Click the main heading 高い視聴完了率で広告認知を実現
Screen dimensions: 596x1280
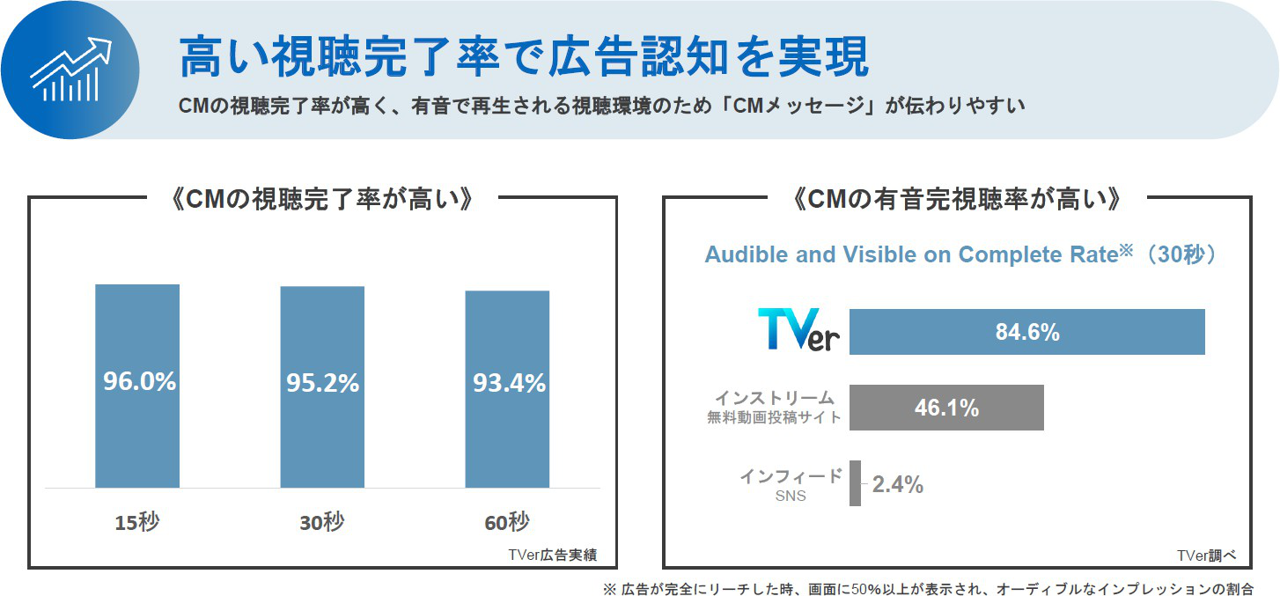(x=523, y=57)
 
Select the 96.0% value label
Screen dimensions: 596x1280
(x=139, y=382)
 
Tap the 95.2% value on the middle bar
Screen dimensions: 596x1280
(x=322, y=384)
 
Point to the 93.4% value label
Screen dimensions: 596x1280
(x=509, y=384)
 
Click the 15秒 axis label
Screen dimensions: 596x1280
(x=137, y=522)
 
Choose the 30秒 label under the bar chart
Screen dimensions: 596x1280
(x=322, y=522)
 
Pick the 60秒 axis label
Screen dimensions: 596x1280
(x=507, y=522)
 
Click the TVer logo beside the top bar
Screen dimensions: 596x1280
(x=798, y=331)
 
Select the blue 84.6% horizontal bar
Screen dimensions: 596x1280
(x=1026, y=332)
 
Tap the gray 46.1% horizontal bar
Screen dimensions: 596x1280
(x=946, y=408)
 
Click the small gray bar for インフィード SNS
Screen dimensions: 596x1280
(x=855, y=483)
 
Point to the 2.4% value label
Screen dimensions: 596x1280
(x=897, y=484)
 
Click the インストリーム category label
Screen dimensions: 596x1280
(x=775, y=398)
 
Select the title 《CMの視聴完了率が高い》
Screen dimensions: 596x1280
(x=322, y=200)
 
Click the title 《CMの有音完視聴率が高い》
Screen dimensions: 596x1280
(x=956, y=200)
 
